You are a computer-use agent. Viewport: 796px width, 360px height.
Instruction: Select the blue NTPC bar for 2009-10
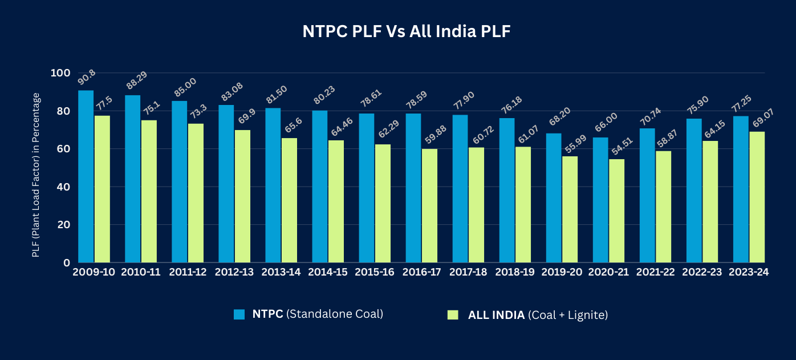[86, 176]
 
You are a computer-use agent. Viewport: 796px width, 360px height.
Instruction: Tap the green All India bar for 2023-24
[757, 197]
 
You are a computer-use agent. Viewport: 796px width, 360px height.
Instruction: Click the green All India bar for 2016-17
[429, 205]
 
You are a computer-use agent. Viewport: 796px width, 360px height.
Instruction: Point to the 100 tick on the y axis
[60, 73]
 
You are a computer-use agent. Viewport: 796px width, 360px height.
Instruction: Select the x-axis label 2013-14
[281, 272]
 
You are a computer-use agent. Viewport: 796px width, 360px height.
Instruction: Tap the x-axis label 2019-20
[562, 272]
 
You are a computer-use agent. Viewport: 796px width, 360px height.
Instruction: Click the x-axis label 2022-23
[702, 272]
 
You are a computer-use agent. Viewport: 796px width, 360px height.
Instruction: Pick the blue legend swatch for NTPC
[239, 314]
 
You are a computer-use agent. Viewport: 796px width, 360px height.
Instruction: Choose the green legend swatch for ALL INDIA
[453, 314]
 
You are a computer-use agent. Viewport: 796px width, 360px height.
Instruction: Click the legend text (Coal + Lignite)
[568, 314]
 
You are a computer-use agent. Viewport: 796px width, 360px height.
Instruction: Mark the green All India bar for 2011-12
[196, 193]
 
